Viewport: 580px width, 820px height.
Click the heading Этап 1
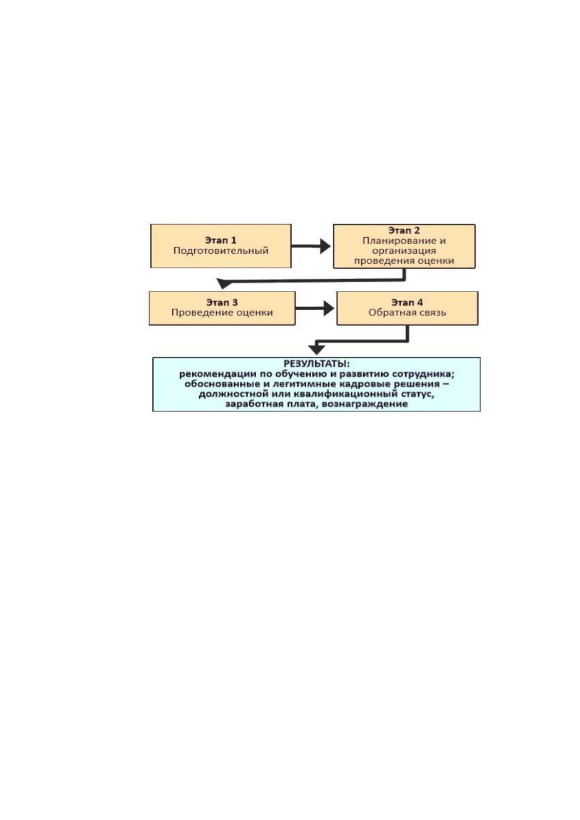(221, 240)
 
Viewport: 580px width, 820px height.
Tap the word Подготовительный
(221, 251)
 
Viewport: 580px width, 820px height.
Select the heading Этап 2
(404, 230)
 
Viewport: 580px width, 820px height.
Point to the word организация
(404, 251)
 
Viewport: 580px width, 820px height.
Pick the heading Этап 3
(222, 302)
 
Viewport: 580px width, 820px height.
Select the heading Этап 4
(407, 302)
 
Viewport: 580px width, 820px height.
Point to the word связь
(432, 313)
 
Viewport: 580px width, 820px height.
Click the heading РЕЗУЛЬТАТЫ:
(317, 364)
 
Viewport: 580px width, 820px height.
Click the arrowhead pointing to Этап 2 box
(325, 246)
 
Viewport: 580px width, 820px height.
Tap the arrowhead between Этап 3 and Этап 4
(329, 308)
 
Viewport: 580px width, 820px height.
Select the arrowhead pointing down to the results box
(317, 349)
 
